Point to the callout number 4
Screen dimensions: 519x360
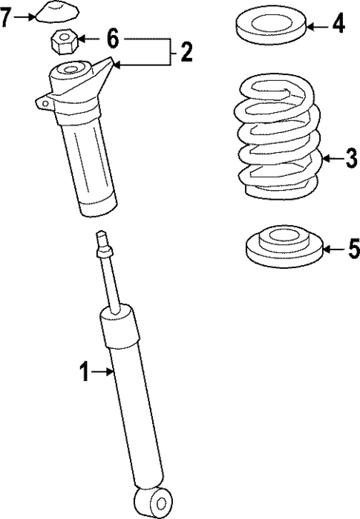(338, 26)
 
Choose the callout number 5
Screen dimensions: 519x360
(352, 247)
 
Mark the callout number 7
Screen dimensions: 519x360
(7, 18)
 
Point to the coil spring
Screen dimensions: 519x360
(276, 141)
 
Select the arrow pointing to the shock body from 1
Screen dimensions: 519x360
(104, 372)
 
